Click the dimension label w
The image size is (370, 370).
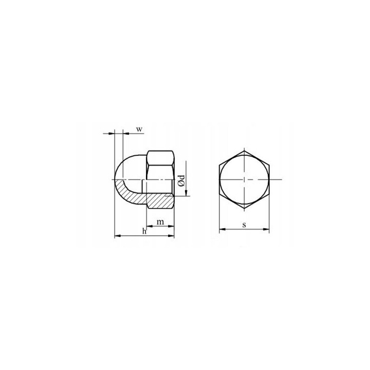click(x=139, y=129)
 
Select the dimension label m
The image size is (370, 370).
click(x=160, y=222)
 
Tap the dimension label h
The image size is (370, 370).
click(x=144, y=231)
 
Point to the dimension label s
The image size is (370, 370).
click(x=244, y=225)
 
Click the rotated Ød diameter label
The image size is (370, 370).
click(x=181, y=181)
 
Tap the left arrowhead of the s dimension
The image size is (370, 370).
click(x=223, y=229)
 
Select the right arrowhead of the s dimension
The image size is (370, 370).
click(x=266, y=229)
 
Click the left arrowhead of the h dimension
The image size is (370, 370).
click(x=118, y=235)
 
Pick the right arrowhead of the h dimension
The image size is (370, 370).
click(x=171, y=235)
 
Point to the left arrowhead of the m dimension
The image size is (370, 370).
click(x=150, y=226)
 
